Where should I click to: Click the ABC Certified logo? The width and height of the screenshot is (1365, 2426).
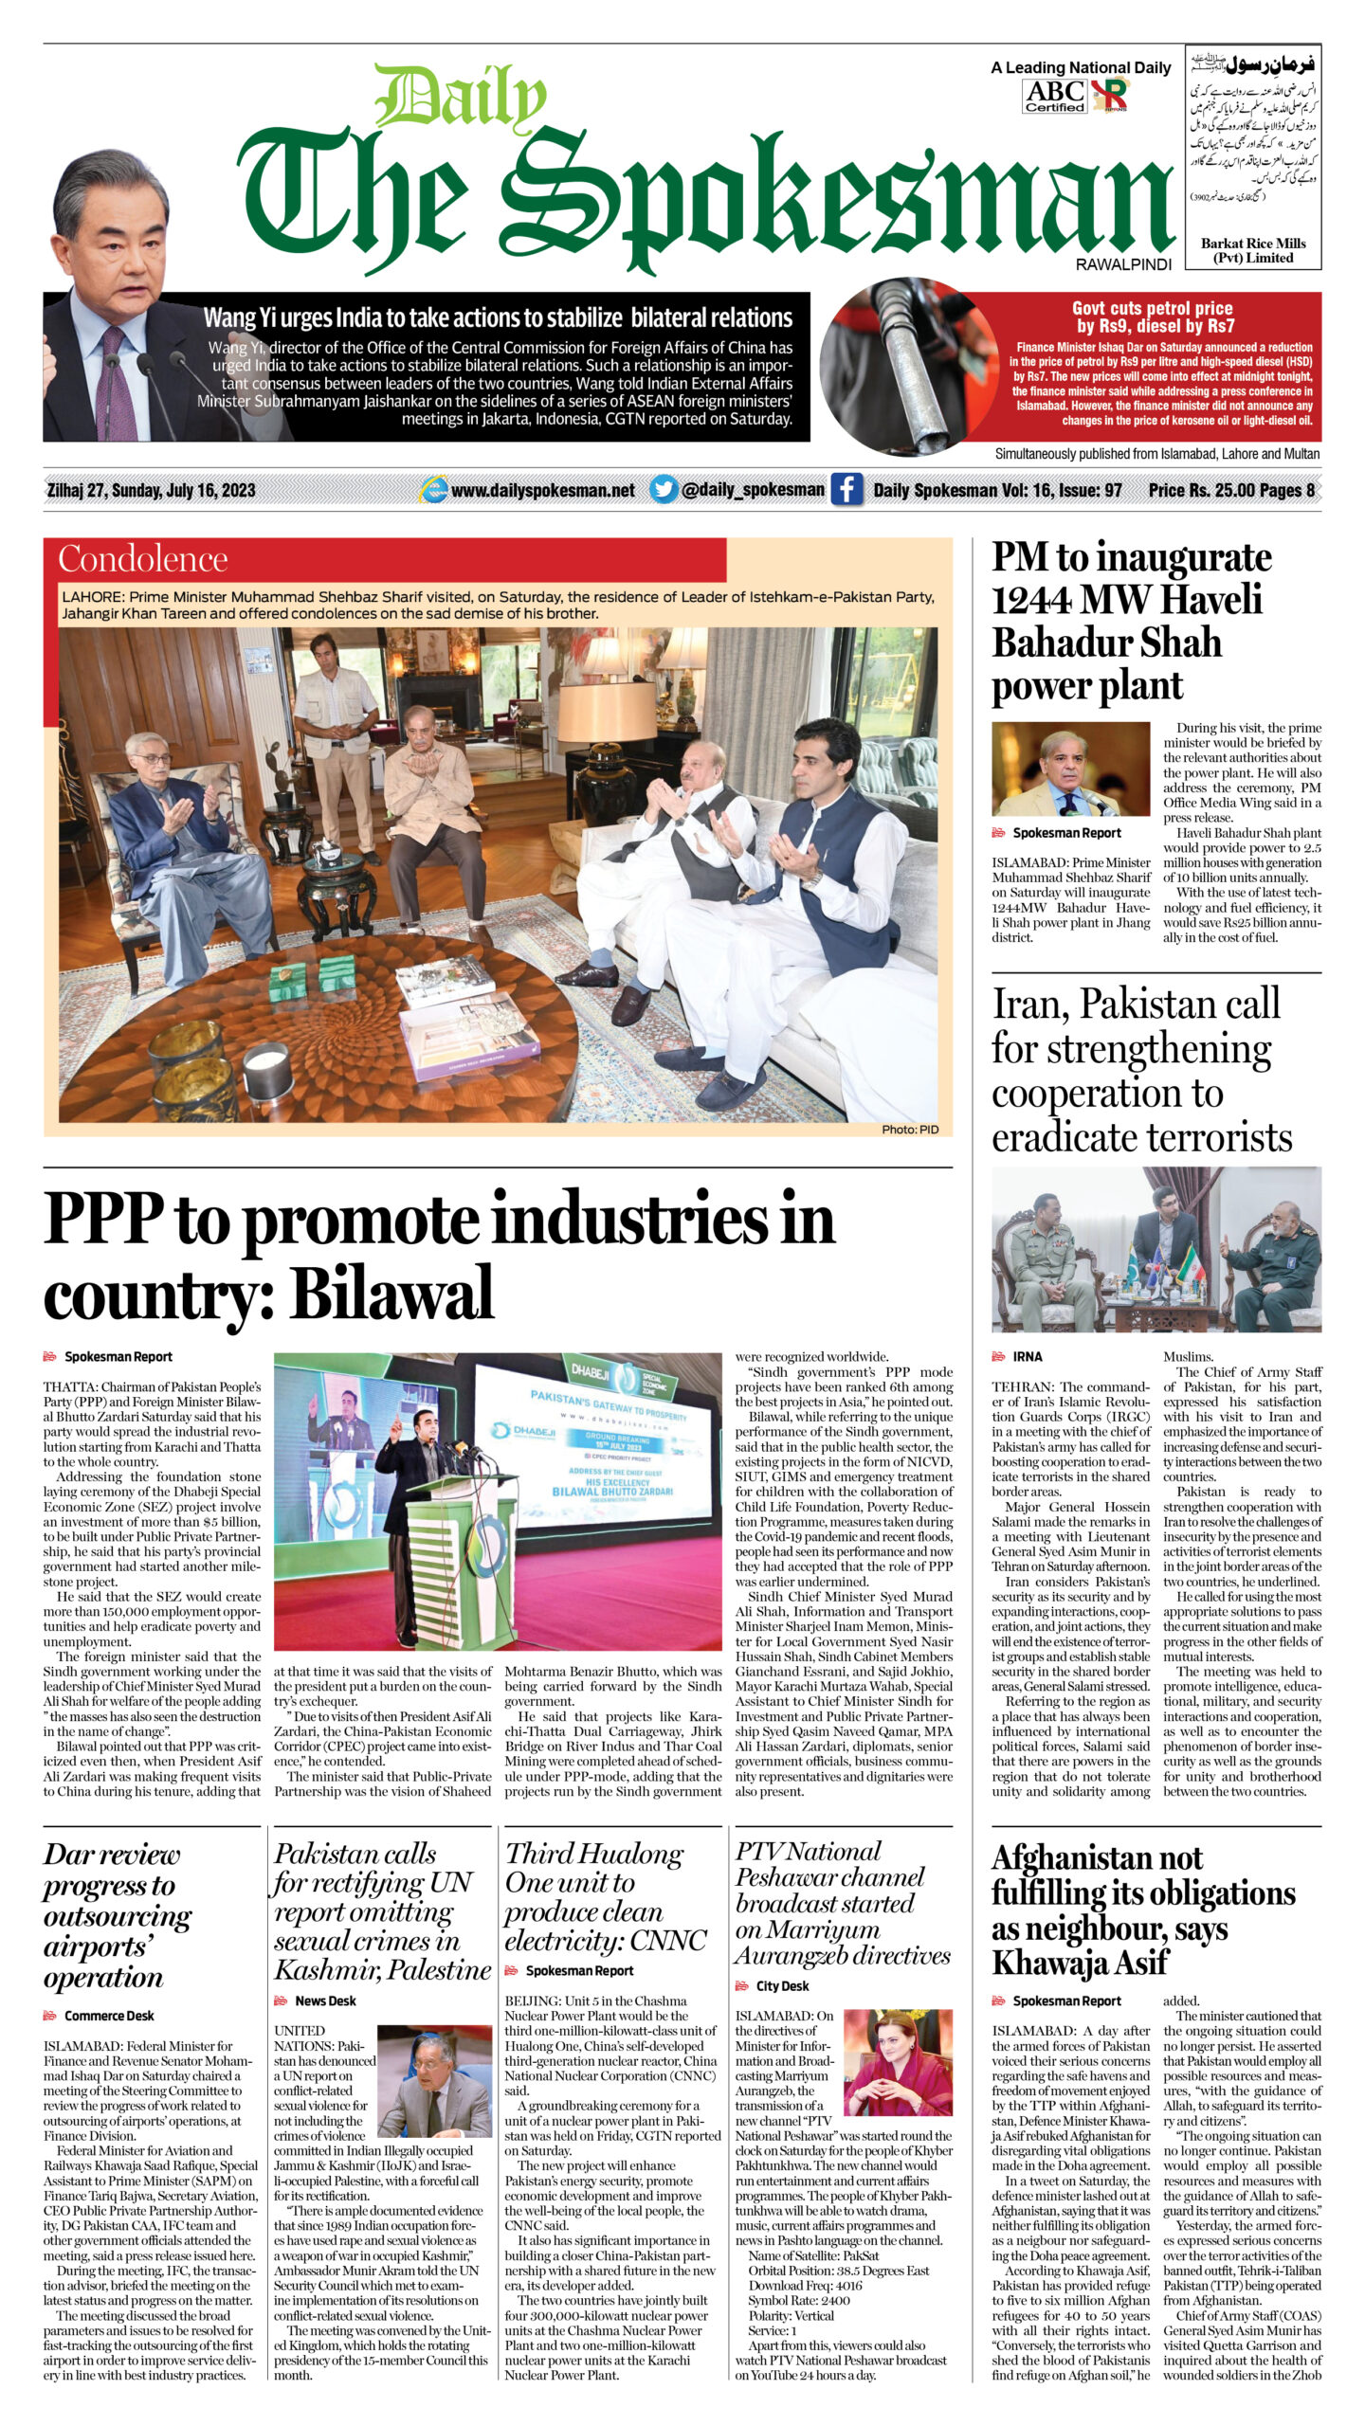point(1055,96)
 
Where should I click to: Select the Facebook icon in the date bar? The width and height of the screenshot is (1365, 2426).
point(846,490)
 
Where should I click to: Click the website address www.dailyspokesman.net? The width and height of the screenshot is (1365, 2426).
point(542,490)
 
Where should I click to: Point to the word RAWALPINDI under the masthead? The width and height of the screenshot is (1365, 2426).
point(1123,265)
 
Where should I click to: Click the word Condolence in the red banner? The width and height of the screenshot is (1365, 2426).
point(142,559)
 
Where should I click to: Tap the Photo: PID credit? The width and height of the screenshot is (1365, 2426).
point(909,1129)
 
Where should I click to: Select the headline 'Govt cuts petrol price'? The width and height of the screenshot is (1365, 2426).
point(1152,308)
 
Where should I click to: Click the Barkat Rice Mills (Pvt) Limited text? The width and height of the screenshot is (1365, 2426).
point(1252,250)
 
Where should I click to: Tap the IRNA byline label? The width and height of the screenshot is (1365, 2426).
point(1027,1357)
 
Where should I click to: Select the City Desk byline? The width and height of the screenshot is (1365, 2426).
point(782,1985)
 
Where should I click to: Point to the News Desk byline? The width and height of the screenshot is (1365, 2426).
point(325,2001)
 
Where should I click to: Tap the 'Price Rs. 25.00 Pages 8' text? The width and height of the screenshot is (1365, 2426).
point(1231,490)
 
